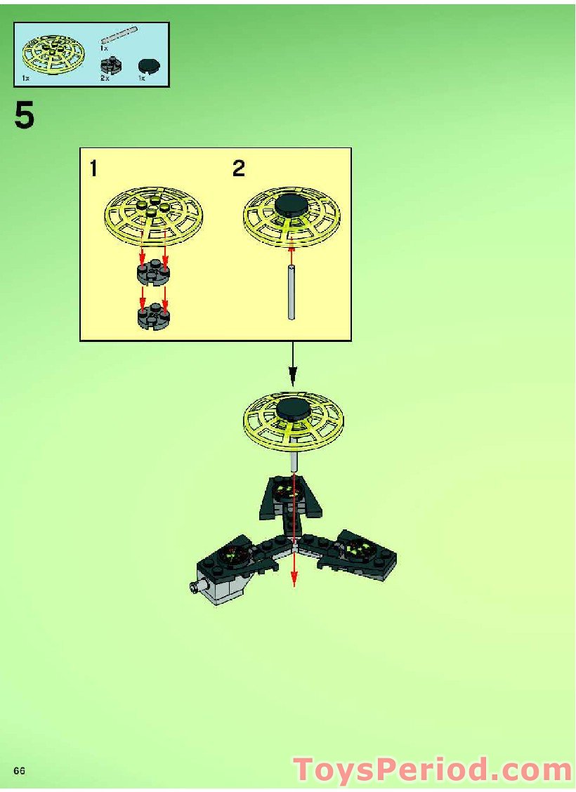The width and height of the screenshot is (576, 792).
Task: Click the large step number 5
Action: click(24, 117)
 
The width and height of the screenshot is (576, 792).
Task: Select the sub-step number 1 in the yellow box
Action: click(94, 169)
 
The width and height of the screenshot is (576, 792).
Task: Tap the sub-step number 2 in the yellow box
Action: click(240, 169)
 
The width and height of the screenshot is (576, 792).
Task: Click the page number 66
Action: click(19, 771)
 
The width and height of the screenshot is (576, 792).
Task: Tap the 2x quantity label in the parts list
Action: click(105, 79)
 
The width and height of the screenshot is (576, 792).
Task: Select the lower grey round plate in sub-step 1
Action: click(153, 316)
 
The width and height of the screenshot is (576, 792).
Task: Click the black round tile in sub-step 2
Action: click(292, 205)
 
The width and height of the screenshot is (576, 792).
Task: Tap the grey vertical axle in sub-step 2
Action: click(292, 293)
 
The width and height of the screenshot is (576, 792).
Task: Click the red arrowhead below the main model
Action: click(294, 579)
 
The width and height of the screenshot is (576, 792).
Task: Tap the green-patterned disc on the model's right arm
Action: click(359, 546)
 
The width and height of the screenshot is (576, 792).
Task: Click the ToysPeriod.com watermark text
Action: click(431, 770)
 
